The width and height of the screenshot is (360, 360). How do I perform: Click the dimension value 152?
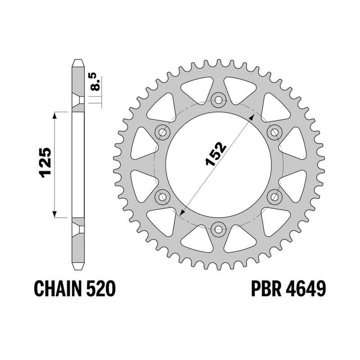pyautogui.click(x=216, y=154)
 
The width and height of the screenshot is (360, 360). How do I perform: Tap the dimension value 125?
pyautogui.click(x=46, y=162)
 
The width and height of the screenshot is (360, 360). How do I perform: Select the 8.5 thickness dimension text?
pyautogui.click(x=94, y=81)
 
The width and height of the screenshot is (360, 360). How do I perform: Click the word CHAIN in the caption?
pyautogui.click(x=58, y=288)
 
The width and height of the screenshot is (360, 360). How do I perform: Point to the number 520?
pyautogui.click(x=100, y=288)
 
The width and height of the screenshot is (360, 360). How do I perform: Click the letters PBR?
pyautogui.click(x=266, y=288)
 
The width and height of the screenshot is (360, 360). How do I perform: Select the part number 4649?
pyautogui.click(x=306, y=288)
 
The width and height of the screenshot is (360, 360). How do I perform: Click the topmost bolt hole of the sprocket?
pyautogui.click(x=219, y=100)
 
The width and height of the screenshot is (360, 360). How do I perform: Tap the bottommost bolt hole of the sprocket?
pyautogui.click(x=219, y=229)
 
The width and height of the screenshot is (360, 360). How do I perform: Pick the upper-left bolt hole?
pyautogui.click(x=162, y=132)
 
